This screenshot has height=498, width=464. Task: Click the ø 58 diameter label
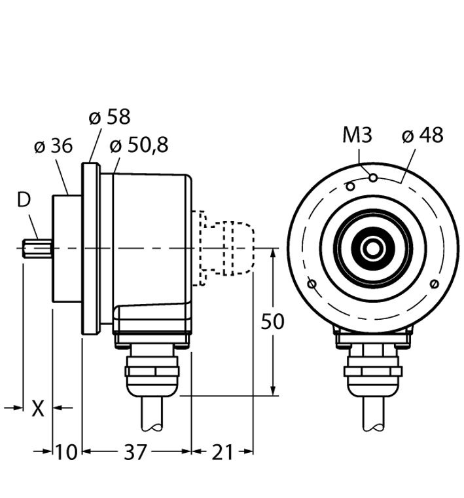(x=109, y=117)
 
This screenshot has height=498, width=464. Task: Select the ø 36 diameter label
(x=53, y=147)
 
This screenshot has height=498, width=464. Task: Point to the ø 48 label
(x=422, y=135)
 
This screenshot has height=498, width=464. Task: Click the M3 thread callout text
(x=357, y=136)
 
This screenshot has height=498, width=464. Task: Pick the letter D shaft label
(x=24, y=201)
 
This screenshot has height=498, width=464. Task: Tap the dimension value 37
(x=136, y=452)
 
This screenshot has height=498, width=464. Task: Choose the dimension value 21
(x=222, y=452)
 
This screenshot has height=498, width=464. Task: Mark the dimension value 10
(x=66, y=452)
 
